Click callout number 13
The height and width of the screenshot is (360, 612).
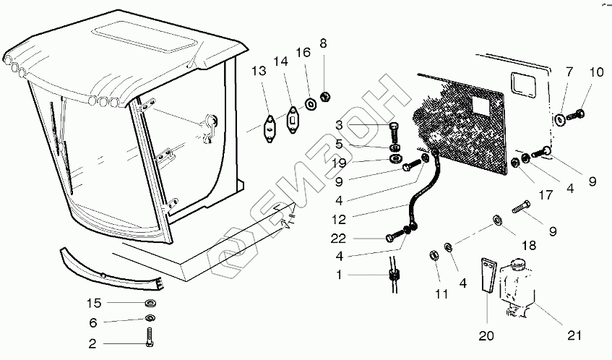[x=259, y=71]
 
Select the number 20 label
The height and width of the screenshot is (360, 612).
[x=486, y=335]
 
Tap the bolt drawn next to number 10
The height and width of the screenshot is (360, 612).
[x=577, y=114]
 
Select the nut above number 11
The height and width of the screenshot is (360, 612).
[x=436, y=255]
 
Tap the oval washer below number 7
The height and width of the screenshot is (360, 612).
[x=560, y=117]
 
